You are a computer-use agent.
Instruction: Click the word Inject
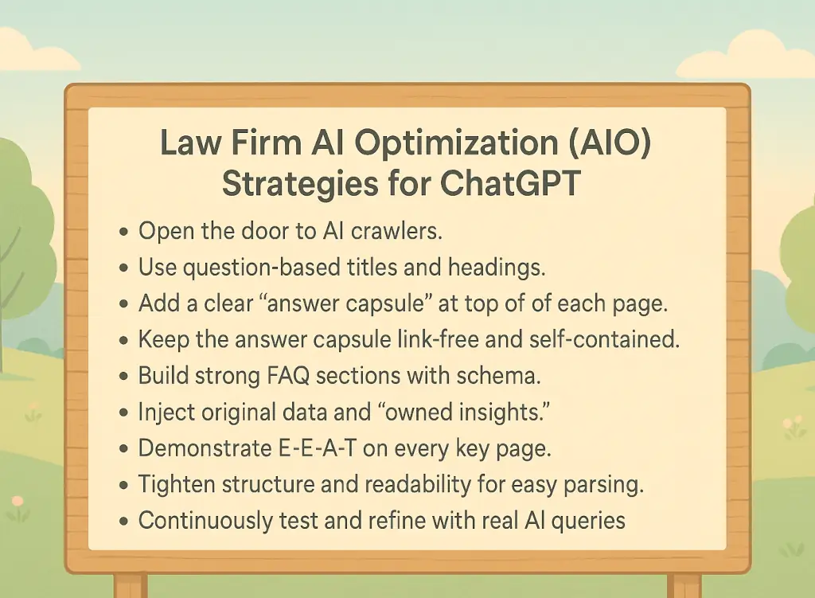point(162,412)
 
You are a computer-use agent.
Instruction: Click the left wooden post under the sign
point(131,585)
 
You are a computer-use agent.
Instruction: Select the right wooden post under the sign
point(683,585)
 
